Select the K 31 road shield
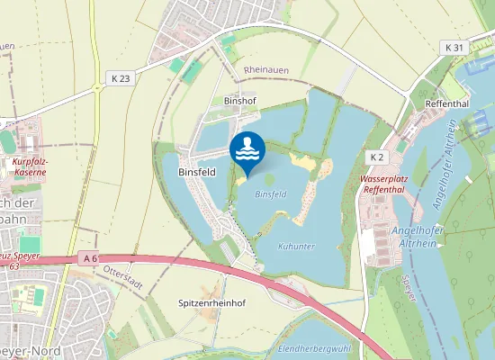pos(453,47)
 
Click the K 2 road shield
pos(376,157)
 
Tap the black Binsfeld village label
pos(197,171)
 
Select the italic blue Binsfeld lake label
pos(270,193)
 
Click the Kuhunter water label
pos(297,245)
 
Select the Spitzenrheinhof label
pos(211,303)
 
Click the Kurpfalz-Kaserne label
pos(31,168)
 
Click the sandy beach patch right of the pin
pos(306,165)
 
